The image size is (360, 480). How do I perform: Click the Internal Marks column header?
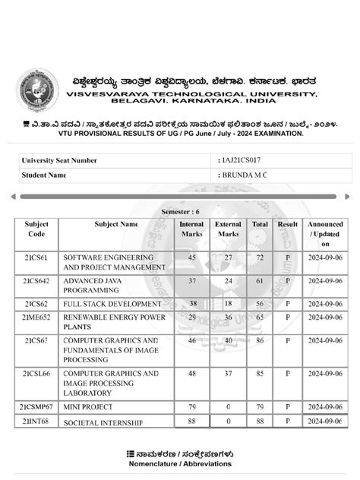[191, 229]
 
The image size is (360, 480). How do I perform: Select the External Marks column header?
[228, 229]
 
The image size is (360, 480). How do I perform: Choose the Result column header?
[288, 225]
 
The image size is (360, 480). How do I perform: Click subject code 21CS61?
[36, 258]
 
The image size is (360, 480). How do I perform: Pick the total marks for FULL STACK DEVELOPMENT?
[261, 302]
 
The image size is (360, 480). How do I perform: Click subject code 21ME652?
[36, 316]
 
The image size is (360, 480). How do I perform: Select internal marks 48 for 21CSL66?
[191, 374]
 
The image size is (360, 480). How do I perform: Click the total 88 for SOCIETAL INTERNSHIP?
[261, 421]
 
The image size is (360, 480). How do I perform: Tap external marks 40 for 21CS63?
[228, 341]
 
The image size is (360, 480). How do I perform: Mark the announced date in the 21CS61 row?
[325, 258]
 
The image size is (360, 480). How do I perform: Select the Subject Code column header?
[36, 229]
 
